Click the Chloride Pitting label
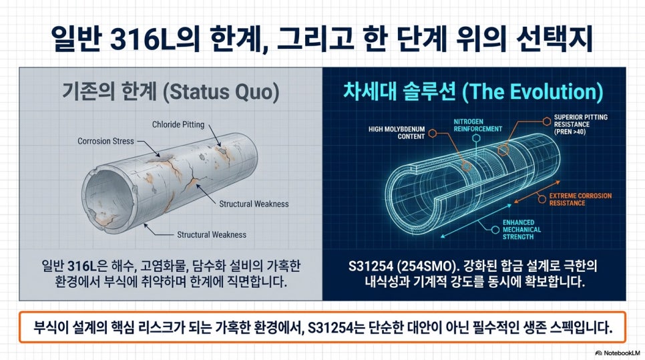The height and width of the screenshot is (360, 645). click(178, 124)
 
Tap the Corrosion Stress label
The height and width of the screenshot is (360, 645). click(105, 141)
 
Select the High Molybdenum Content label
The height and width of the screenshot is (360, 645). click(397, 132)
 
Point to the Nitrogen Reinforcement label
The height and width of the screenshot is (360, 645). click(477, 125)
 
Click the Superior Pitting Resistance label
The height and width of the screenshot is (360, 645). click(580, 124)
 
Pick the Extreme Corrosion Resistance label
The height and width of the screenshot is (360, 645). click(580, 199)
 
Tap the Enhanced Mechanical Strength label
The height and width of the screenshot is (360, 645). click(521, 230)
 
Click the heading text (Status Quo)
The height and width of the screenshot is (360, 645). click(221, 92)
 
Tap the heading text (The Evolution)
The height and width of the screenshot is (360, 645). click(533, 92)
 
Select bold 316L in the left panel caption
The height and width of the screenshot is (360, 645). click(81, 266)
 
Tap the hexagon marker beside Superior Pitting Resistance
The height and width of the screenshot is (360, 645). click(546, 121)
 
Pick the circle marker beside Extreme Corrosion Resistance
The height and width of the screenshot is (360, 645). click(542, 200)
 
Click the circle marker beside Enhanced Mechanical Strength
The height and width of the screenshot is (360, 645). click(495, 230)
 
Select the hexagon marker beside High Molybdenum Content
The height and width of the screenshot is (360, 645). click(432, 133)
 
